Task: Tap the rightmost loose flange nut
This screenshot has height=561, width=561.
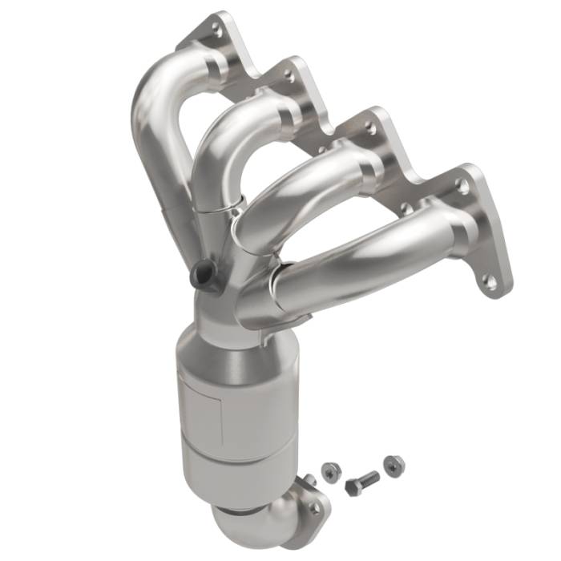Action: [x=391, y=463]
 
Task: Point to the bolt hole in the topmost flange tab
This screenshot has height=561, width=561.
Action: [x=214, y=29]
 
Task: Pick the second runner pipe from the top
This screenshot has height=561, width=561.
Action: [x=232, y=136]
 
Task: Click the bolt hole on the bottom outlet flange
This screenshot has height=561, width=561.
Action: [x=314, y=507]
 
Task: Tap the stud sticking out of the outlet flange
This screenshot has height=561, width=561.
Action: [x=306, y=481]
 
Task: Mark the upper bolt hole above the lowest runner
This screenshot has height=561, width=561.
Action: [x=462, y=185]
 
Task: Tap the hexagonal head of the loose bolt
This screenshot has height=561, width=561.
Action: [x=353, y=486]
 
